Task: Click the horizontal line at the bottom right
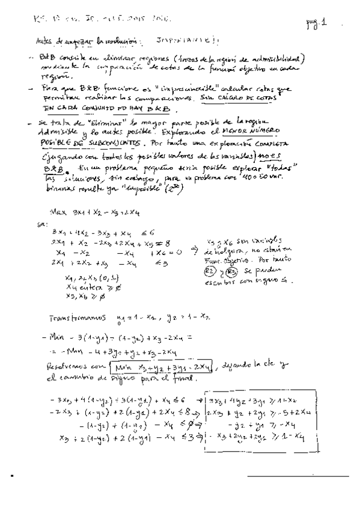pyautogui.click(x=297, y=476)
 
